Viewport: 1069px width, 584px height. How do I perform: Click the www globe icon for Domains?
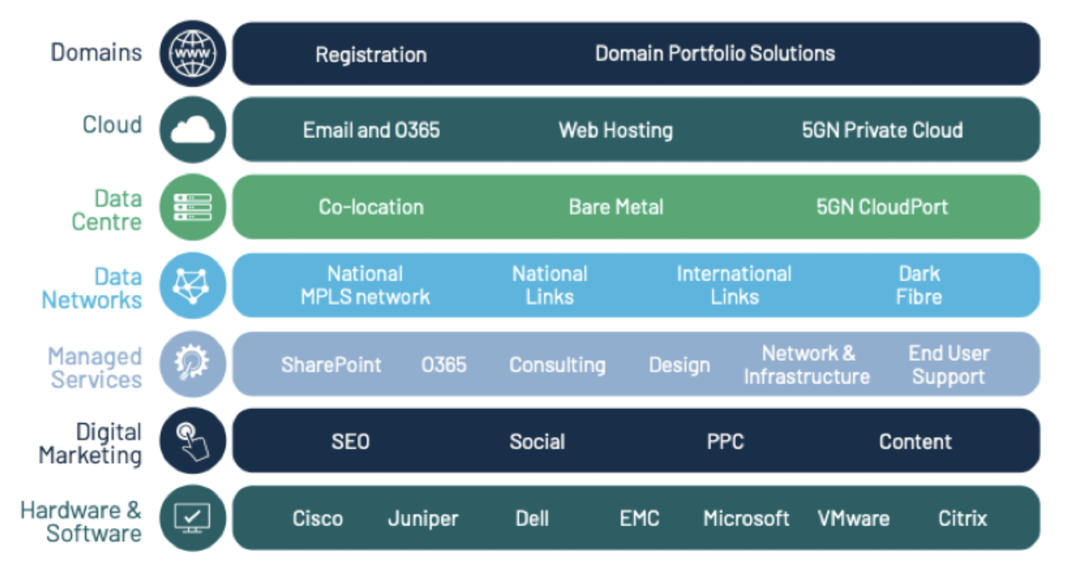(193, 53)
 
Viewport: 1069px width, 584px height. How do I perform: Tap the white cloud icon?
(193, 130)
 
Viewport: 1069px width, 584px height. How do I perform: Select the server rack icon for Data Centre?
(193, 208)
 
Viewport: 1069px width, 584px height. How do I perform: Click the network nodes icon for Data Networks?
(192, 286)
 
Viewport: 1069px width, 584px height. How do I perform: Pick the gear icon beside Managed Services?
(191, 363)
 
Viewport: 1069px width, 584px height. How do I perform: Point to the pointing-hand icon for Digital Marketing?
(192, 441)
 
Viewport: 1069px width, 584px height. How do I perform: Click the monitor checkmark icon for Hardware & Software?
(192, 518)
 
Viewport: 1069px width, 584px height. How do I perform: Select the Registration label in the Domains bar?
(371, 55)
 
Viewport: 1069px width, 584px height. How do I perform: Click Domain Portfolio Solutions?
(715, 53)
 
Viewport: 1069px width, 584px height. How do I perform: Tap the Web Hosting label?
(616, 130)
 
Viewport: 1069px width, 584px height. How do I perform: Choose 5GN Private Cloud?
(882, 130)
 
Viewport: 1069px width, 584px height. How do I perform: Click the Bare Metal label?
(616, 208)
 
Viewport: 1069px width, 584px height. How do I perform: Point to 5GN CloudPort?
(882, 208)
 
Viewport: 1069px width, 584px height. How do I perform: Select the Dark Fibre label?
(919, 286)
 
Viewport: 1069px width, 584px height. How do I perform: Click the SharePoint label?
(331, 365)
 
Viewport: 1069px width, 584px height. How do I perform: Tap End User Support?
(949, 365)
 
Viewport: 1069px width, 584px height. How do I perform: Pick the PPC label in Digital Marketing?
(725, 442)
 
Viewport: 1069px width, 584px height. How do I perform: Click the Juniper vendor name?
(424, 519)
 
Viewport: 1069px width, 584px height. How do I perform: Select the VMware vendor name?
(854, 518)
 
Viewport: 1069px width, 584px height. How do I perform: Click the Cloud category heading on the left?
(113, 125)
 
